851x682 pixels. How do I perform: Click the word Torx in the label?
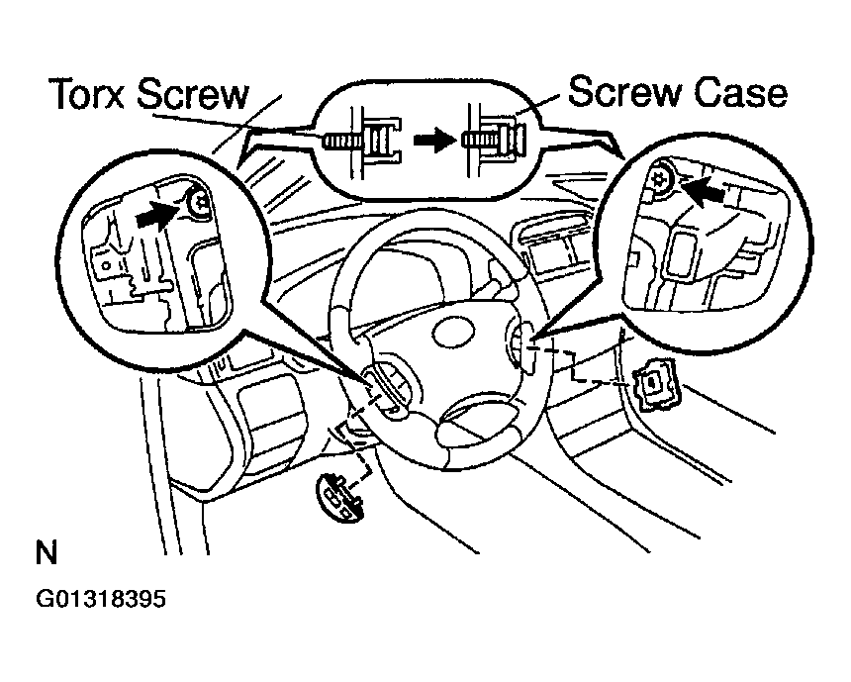pos(88,94)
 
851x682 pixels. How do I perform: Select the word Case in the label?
pos(740,92)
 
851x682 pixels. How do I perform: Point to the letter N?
pos(47,552)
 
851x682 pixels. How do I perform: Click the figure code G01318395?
pos(101,599)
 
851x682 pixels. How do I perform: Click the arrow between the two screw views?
pos(434,141)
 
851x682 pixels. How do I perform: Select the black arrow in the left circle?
pos(157,215)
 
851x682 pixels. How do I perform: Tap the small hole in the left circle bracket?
pos(108,265)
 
